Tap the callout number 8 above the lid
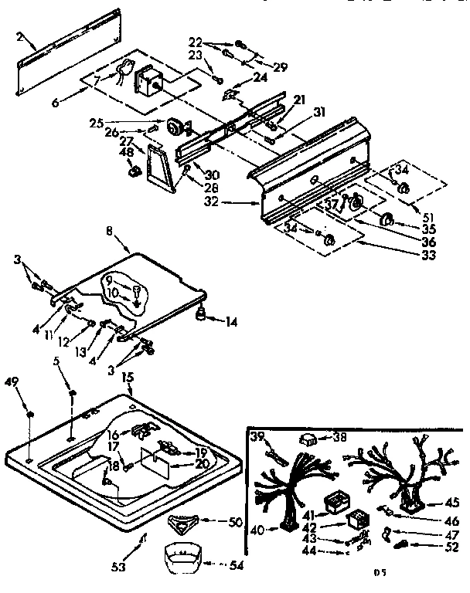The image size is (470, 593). pyautogui.click(x=111, y=230)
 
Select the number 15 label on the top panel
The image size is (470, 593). pyautogui.click(x=128, y=377)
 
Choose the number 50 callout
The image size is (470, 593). pyautogui.click(x=236, y=523)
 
